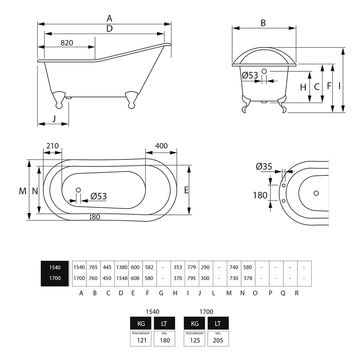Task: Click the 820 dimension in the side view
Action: (x=67, y=42)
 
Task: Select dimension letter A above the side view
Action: (x=109, y=18)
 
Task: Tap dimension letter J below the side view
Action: (x=54, y=118)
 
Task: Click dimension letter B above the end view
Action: (x=263, y=23)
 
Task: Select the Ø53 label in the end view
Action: (x=250, y=75)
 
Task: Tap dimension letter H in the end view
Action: (x=303, y=87)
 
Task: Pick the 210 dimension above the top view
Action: (x=52, y=146)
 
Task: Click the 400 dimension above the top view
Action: (x=161, y=146)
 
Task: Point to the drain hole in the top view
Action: (x=78, y=190)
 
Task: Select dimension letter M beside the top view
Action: (x=23, y=191)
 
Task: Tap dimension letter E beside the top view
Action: (x=186, y=190)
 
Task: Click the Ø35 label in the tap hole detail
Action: (x=264, y=166)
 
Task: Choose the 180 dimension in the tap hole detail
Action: (x=260, y=195)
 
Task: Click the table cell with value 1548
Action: (x=121, y=278)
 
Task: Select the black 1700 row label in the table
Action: (x=55, y=278)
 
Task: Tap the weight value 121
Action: (x=142, y=340)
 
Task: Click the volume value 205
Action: (x=218, y=340)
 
